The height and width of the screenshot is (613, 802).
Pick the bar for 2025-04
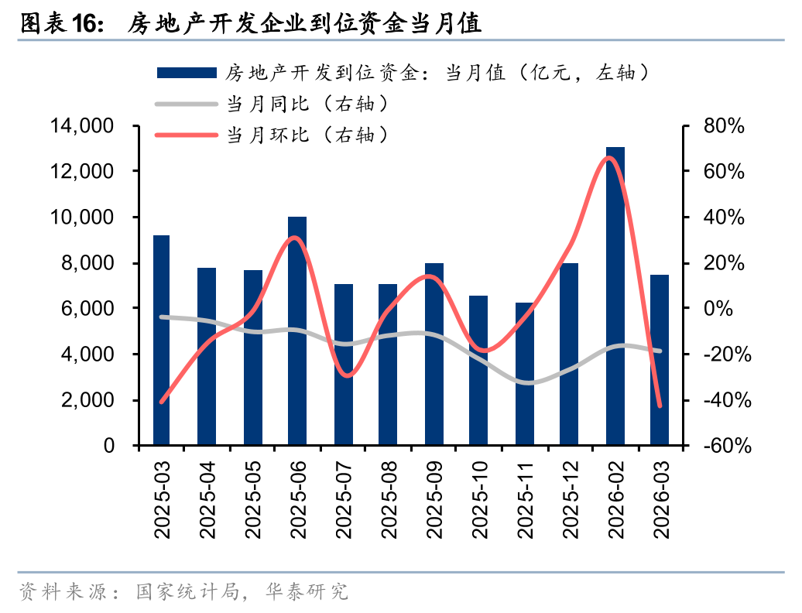(207, 357)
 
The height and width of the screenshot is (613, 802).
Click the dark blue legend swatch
(186, 73)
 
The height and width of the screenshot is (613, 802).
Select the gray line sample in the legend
(186, 103)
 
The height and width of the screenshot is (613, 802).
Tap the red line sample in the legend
(186, 135)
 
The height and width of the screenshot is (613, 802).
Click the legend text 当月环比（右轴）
(306, 135)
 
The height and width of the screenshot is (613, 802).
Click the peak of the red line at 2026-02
(609, 158)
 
